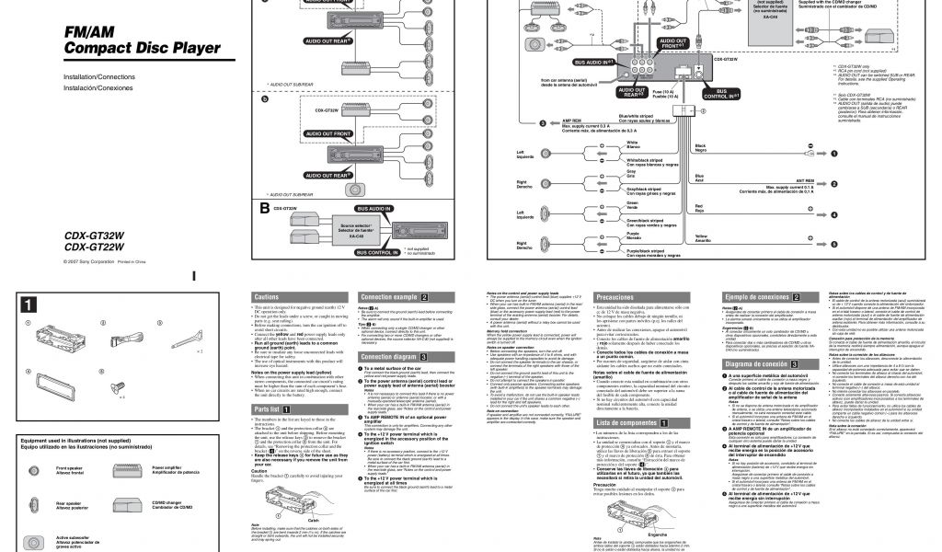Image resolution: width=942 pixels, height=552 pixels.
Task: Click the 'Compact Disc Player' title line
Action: coord(142,49)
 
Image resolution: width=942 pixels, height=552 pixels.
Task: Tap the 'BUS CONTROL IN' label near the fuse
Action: coord(721,95)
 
